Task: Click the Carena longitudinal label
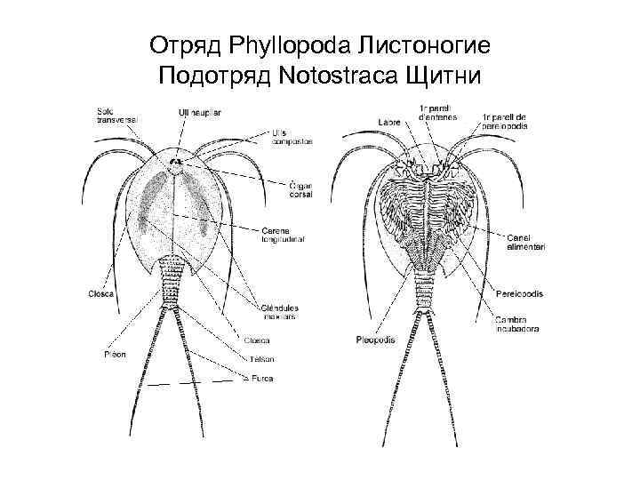pos(281,234)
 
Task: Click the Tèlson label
pos(260,359)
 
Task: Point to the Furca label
pos(261,378)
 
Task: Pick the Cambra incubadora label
pos(518,324)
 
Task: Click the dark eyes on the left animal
pos(177,163)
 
